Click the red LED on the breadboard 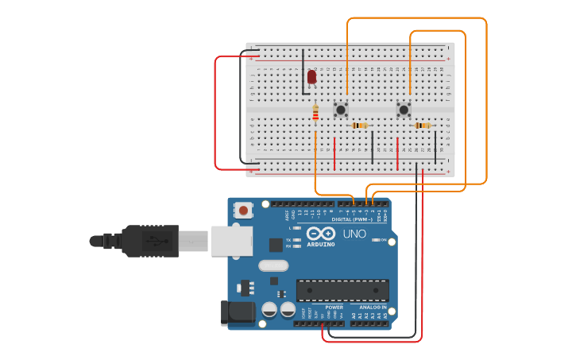(x=311, y=76)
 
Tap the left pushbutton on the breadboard (x=341, y=109)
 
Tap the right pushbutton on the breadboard (x=404, y=109)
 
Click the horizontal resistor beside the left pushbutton (x=360, y=125)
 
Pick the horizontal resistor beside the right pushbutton (x=423, y=125)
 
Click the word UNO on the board (x=354, y=234)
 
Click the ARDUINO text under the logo (x=321, y=244)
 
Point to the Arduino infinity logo (x=321, y=234)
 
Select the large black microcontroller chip (x=342, y=290)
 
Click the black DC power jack (x=236, y=313)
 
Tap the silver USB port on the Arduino (x=231, y=240)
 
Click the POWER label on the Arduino (x=334, y=308)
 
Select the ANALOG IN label (x=373, y=308)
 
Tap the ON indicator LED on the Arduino (x=373, y=239)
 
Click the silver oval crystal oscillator (x=273, y=265)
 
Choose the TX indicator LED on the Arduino (x=296, y=239)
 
